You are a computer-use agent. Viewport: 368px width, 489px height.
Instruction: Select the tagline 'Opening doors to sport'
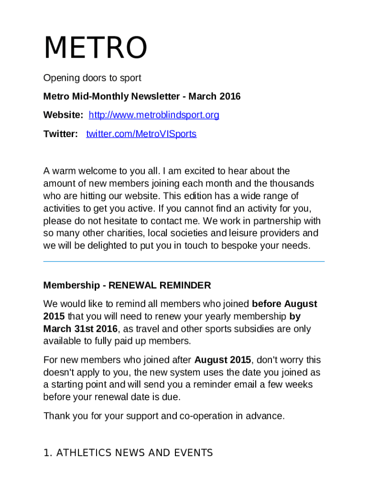pos(92,78)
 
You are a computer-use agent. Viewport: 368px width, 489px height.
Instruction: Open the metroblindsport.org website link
pos(154,115)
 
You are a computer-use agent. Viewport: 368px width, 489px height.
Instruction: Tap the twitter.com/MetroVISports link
pos(141,134)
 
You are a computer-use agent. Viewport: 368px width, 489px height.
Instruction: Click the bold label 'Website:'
pos(63,115)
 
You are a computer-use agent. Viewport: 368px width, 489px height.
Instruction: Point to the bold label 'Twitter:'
pos(61,134)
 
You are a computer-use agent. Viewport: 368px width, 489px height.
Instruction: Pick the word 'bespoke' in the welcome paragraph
pos(239,246)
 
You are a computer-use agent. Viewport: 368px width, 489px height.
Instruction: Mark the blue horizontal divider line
pos(184,262)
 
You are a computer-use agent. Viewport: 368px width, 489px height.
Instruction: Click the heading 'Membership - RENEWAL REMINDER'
pos(127,286)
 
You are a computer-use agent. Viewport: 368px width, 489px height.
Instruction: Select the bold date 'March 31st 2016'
pos(80,329)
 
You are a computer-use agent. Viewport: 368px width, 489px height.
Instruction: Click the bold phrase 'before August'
pos(284,304)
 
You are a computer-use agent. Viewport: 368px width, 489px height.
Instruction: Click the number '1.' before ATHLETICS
pos(48,453)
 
